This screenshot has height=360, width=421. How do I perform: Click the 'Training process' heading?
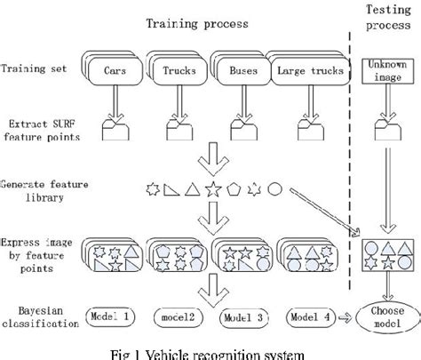pyautogui.click(x=196, y=21)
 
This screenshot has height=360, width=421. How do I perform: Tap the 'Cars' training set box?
pyautogui.click(x=115, y=69)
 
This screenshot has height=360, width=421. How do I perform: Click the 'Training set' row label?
pyautogui.click(x=34, y=68)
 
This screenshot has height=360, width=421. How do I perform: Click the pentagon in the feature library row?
pyautogui.click(x=234, y=189)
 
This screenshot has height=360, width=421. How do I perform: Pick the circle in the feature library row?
pyautogui.click(x=275, y=189)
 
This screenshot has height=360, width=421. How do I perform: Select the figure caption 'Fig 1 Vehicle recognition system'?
pyautogui.click(x=210, y=351)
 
